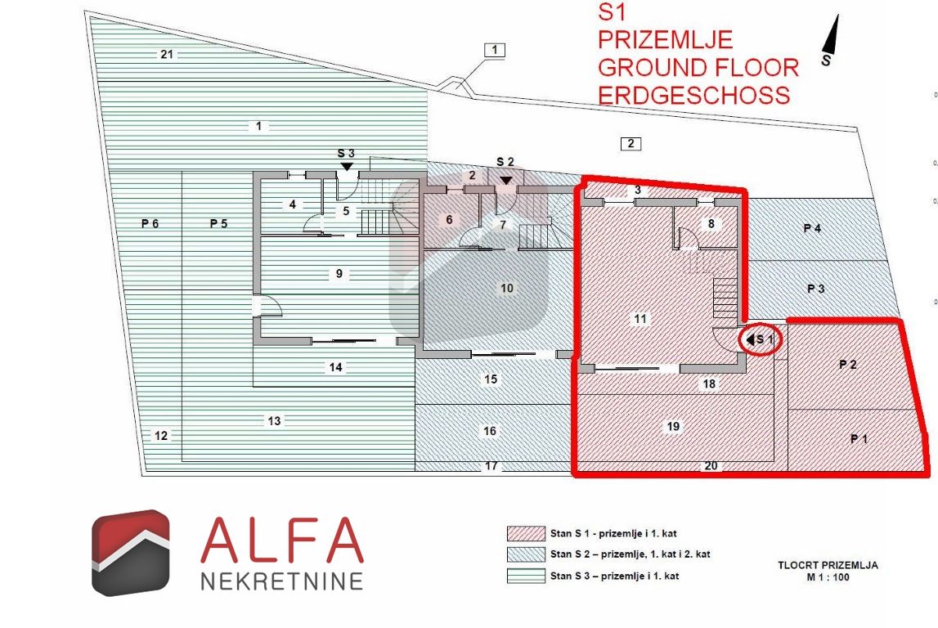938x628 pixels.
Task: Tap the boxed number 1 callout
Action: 494,50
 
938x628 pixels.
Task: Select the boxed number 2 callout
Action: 631,144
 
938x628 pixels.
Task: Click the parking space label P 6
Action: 150,224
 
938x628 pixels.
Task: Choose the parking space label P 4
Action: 812,228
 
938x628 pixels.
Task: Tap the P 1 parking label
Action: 859,439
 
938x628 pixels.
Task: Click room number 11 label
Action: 640,319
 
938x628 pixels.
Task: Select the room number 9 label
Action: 339,274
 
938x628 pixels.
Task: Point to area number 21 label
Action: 167,55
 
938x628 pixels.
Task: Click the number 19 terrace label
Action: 673,427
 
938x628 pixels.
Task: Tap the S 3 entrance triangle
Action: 347,167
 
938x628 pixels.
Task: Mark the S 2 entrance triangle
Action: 506,179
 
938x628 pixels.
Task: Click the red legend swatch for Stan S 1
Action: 526,533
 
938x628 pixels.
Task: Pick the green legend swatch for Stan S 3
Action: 526,576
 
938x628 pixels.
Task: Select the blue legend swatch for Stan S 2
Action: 526,554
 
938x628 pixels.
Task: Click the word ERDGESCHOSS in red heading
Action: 694,96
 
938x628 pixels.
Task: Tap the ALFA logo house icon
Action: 130,553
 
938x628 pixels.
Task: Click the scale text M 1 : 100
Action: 828,577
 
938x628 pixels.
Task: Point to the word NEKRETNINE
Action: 282,581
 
